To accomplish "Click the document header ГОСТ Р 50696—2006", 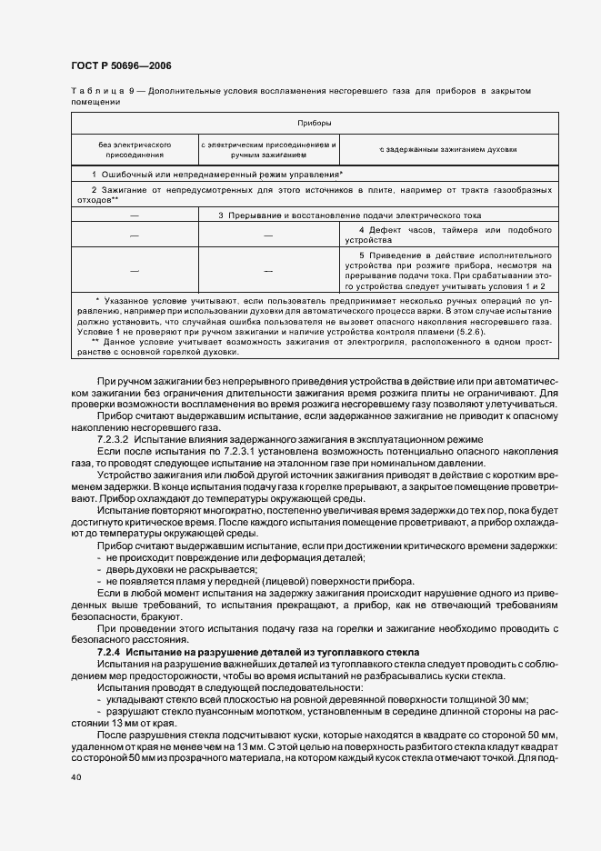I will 120,65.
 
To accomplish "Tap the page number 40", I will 75,777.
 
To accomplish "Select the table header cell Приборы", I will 314,122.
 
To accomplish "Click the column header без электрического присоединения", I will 135,150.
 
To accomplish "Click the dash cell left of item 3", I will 135,215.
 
